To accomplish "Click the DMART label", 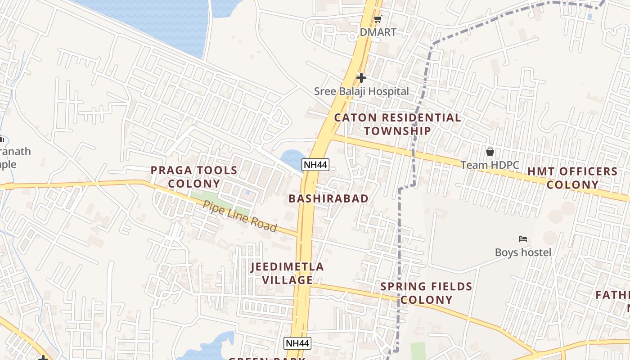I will click(378, 32).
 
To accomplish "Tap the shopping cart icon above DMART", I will click(378, 19).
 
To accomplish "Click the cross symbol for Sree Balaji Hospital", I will click(361, 78).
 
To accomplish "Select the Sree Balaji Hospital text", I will click(361, 91).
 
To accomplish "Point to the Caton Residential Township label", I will click(397, 124).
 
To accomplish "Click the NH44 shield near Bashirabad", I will click(315, 165).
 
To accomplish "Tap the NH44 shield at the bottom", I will click(297, 343).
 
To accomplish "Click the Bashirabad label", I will click(328, 198).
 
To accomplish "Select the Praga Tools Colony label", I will click(194, 177).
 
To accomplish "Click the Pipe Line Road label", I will click(239, 216).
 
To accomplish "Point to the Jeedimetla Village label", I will click(287, 273).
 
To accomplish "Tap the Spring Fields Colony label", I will click(426, 293).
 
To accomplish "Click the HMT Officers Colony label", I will click(572, 178).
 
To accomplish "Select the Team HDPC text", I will click(490, 165).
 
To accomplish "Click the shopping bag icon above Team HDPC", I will click(490, 152).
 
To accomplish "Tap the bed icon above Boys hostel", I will click(523, 238).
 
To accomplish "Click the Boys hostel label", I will click(523, 252).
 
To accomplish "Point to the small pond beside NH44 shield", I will click(292, 159).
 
